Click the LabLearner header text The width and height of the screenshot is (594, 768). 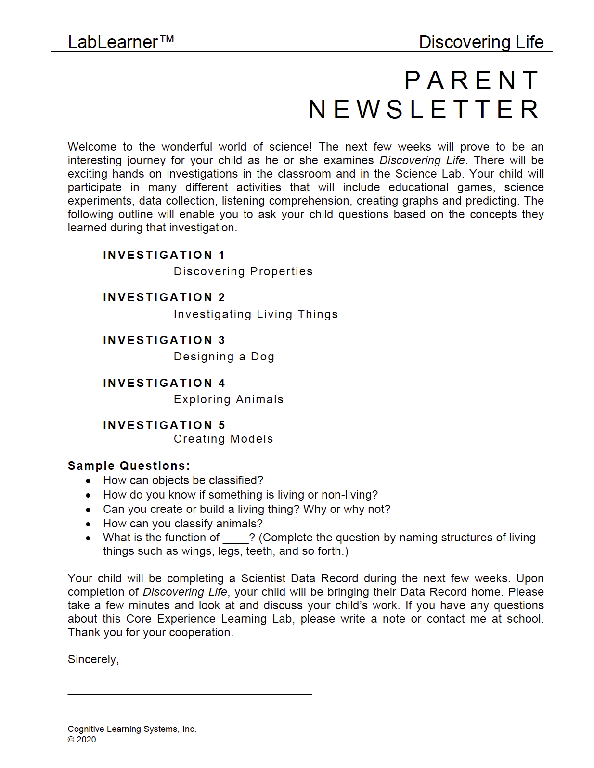coord(113,42)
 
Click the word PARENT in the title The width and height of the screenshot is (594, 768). coord(472,80)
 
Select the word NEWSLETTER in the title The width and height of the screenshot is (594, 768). coord(424,110)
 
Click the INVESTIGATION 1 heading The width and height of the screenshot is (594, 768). coord(164,255)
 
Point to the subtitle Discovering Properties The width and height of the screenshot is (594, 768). coord(243,271)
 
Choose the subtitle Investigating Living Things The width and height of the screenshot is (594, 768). coord(256,314)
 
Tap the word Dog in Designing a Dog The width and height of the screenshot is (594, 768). coord(262,357)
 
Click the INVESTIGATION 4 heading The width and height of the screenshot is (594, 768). coord(164,383)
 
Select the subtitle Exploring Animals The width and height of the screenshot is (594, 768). coord(229,399)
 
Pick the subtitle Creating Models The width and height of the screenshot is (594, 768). coord(223,439)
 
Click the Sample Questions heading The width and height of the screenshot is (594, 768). coord(129,466)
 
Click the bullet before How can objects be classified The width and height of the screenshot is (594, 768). coord(88,481)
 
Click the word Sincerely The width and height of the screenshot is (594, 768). coord(93,659)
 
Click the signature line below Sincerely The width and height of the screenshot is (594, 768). coord(190,693)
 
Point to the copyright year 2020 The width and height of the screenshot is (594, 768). coord(86,740)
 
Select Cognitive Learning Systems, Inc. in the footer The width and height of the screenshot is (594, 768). coord(132,729)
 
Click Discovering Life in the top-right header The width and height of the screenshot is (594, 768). coord(481,42)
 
